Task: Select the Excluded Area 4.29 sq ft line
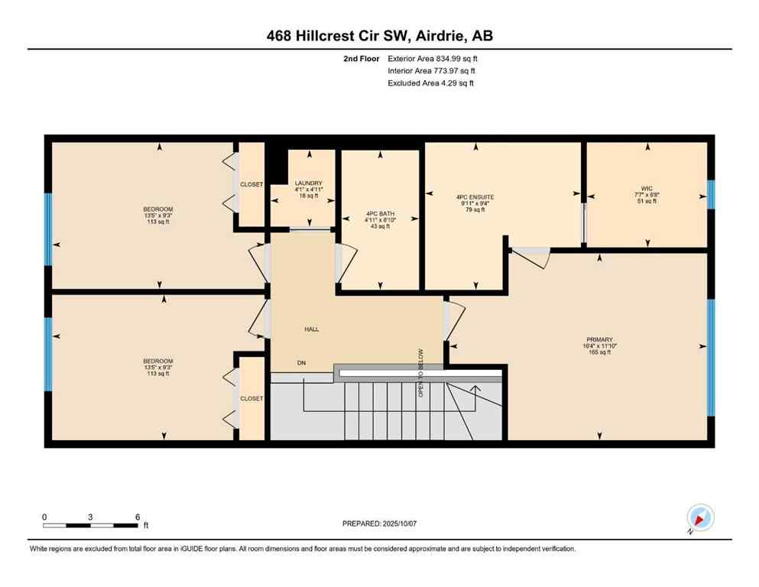430,83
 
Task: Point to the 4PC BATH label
379,214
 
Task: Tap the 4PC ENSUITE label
475,197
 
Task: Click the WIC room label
646,188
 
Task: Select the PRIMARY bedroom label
600,339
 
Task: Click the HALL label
311,329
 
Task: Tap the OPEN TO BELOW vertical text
420,373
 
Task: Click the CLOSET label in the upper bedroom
251,184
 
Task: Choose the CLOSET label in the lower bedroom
251,398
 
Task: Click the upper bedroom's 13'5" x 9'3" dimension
158,216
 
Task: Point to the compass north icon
700,518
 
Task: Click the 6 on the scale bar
137,517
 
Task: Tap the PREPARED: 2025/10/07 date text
379,524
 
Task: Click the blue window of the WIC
711,194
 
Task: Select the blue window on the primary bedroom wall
711,357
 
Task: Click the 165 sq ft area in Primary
600,353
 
